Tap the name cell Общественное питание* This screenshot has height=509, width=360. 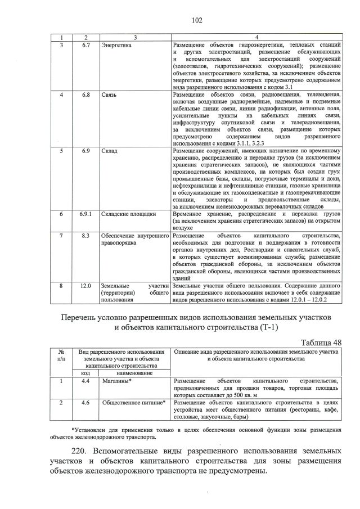133,402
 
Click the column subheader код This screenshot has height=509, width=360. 86,372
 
